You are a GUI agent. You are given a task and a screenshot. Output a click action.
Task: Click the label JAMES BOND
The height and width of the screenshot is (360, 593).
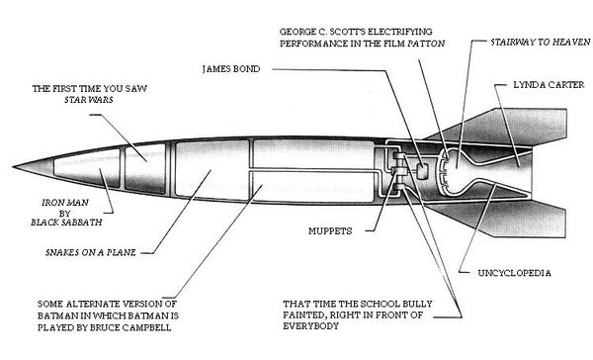coord(234,69)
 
